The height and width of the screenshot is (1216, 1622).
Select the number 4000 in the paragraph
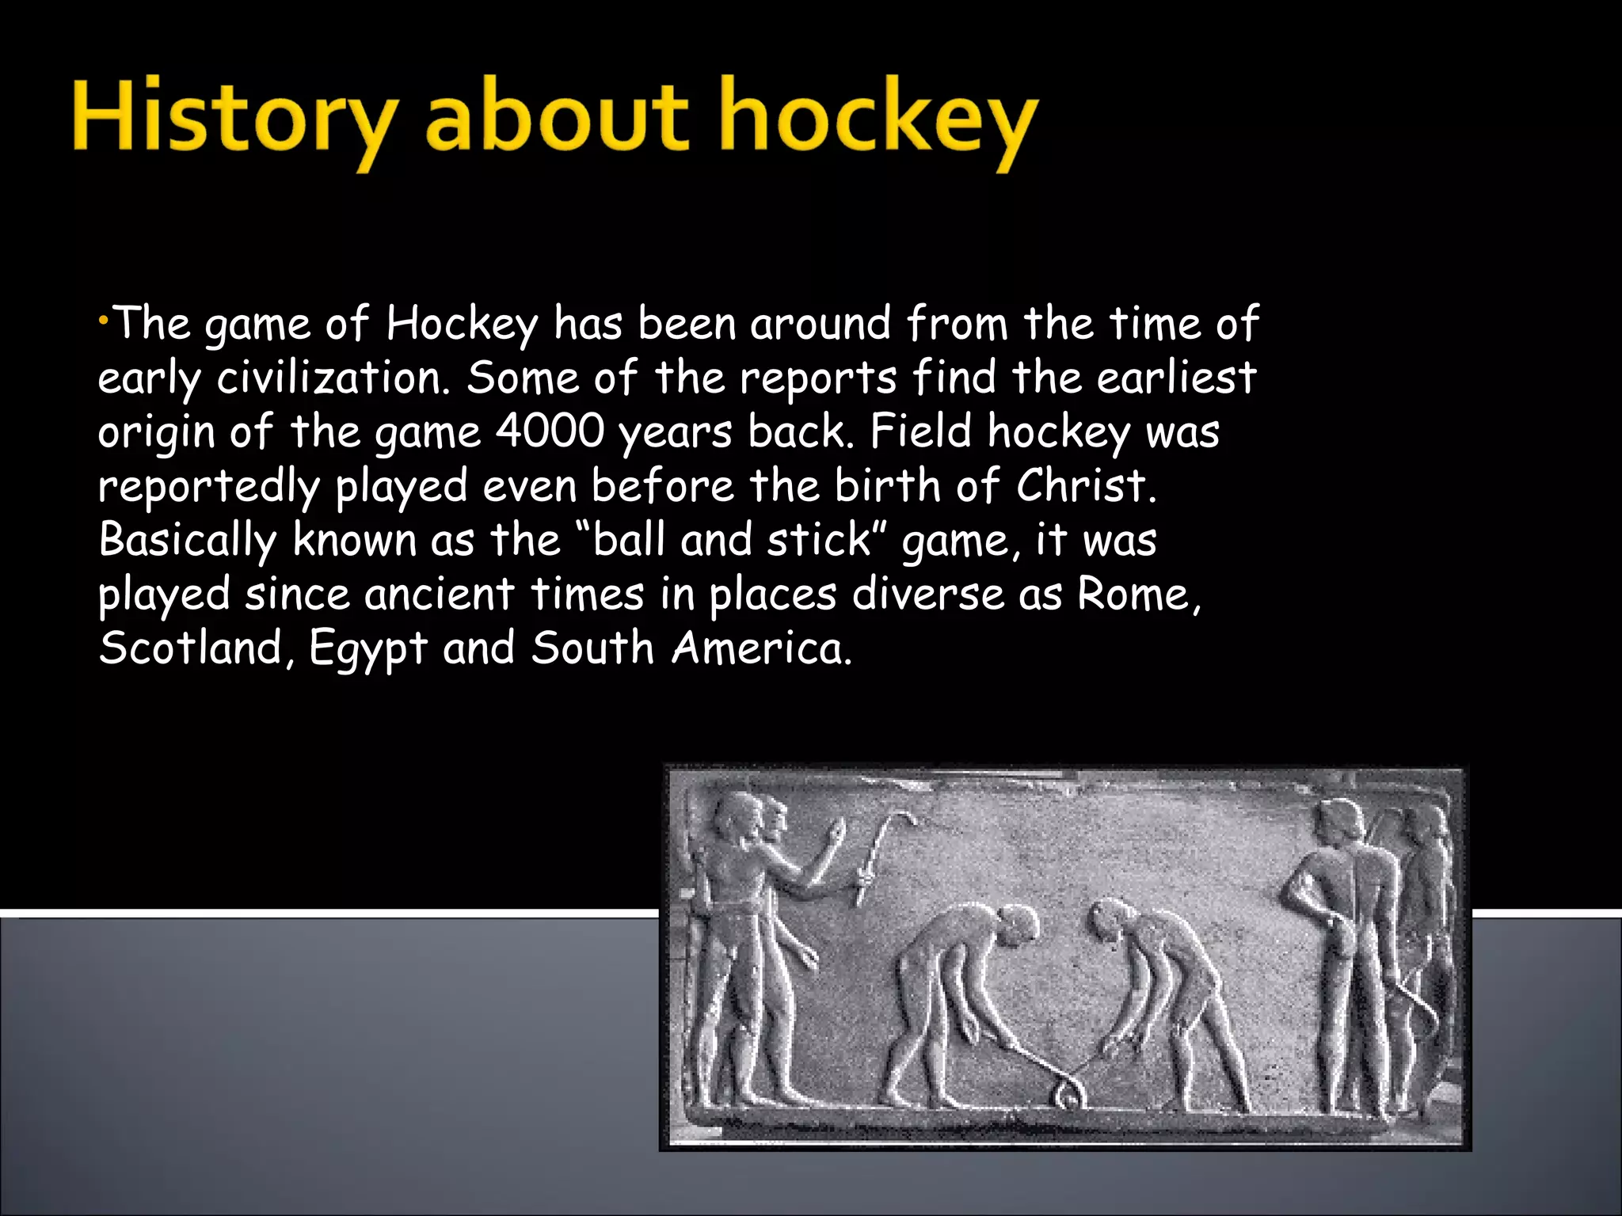point(550,432)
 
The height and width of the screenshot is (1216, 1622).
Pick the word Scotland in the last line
point(190,648)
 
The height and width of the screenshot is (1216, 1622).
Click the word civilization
point(329,378)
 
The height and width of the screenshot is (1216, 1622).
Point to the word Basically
point(187,541)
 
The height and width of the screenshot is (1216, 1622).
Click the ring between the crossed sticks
point(1067,1097)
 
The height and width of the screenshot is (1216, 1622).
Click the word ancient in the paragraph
point(439,595)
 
